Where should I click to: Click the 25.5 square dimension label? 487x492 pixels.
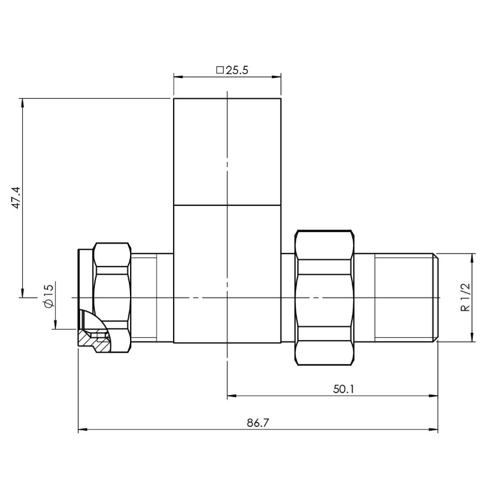tap(232, 70)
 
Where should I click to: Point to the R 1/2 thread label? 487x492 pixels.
tap(465, 297)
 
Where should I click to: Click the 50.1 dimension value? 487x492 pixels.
tap(343, 389)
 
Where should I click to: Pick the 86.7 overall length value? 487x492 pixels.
tap(257, 422)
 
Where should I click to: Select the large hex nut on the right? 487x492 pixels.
tap(324, 297)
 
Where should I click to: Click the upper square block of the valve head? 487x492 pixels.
tap(227, 151)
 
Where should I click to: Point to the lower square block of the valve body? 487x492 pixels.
tap(227, 273)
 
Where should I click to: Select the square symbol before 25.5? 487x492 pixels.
tap(220, 70)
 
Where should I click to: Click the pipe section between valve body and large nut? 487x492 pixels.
tap(288, 297)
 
